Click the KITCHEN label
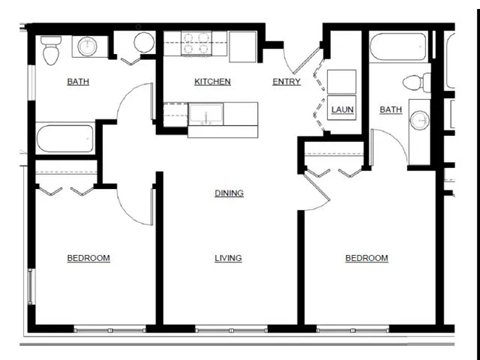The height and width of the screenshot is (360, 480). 212,81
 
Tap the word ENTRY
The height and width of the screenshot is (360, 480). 287,81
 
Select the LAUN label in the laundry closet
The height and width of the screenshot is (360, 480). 342,109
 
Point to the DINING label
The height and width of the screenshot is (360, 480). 228,193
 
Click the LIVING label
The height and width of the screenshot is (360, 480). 228,258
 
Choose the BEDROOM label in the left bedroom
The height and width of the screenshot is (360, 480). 88,258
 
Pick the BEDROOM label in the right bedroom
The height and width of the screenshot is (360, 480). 366,258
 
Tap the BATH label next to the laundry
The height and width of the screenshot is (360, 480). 391,109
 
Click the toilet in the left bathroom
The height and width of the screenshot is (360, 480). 52,46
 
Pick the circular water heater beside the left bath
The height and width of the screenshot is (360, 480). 144,43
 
